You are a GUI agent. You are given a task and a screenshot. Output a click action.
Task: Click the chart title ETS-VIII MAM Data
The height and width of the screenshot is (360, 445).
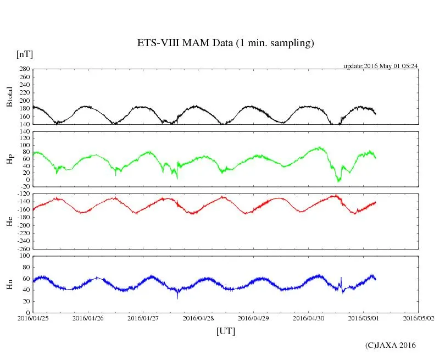pyautogui.click(x=225, y=43)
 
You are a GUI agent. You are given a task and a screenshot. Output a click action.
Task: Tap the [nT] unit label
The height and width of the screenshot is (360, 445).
pyautogui.click(x=25, y=54)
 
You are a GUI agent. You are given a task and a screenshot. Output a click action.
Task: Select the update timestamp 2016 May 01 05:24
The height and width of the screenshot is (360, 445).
pyautogui.click(x=381, y=65)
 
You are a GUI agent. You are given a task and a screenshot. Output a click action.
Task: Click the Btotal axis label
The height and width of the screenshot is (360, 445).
pyautogui.click(x=9, y=97)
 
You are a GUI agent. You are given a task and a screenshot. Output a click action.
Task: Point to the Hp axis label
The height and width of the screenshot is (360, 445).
pyautogui.click(x=9, y=159)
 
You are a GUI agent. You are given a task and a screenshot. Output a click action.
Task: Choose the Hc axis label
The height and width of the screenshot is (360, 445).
pyautogui.click(x=9, y=221)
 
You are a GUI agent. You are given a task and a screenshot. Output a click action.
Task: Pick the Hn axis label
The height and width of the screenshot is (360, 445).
pyautogui.click(x=9, y=284)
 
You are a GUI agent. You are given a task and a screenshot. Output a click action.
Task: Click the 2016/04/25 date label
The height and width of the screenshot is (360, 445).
pyautogui.click(x=33, y=318)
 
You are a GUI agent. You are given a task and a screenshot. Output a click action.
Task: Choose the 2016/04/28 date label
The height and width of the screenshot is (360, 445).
pyautogui.click(x=198, y=318)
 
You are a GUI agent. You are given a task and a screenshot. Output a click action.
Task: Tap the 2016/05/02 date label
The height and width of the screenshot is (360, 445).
pyautogui.click(x=419, y=318)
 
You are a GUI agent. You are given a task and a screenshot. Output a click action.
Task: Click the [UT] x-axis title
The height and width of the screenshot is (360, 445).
pyautogui.click(x=226, y=331)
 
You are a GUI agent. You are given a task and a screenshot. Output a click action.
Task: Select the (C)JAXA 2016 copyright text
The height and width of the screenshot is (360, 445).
pyautogui.click(x=391, y=345)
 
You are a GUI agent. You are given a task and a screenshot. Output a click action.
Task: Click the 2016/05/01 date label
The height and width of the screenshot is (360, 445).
pyautogui.click(x=364, y=318)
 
